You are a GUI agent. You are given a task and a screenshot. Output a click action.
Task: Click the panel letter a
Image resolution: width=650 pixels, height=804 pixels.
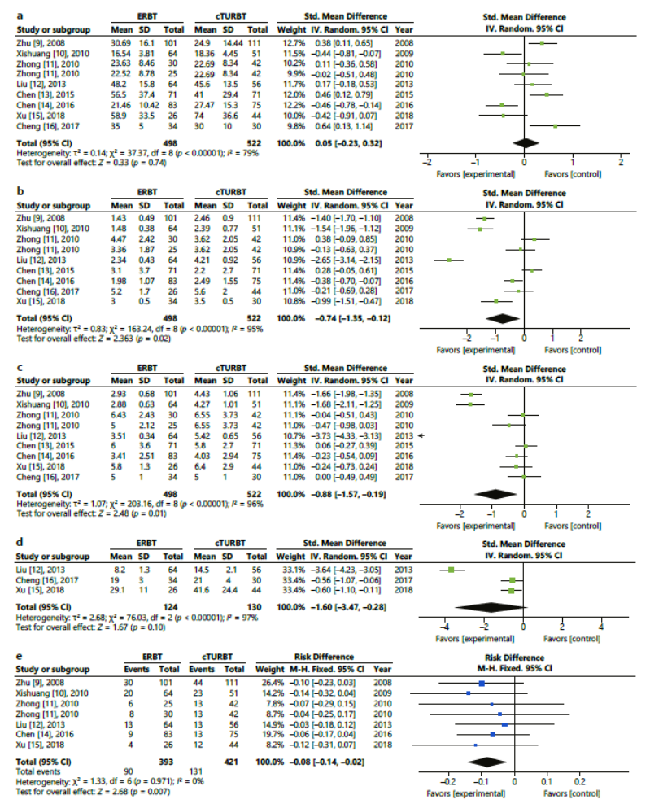(20, 16)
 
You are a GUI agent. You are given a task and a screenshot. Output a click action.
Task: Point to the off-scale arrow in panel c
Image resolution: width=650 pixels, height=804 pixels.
(422, 436)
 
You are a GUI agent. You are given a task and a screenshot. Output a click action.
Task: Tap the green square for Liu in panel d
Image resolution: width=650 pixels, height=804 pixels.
(452, 570)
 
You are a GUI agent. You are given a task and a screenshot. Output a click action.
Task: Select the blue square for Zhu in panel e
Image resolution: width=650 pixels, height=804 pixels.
(482, 683)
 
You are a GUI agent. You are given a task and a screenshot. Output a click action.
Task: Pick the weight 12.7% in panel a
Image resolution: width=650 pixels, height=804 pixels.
(294, 43)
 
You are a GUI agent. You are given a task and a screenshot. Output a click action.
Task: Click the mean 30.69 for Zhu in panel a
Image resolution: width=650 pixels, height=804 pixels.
(121, 43)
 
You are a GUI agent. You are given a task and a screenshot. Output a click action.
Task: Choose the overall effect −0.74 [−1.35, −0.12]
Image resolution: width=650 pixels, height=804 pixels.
(353, 318)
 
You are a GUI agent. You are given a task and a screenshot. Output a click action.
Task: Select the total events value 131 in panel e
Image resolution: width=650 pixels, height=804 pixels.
(196, 771)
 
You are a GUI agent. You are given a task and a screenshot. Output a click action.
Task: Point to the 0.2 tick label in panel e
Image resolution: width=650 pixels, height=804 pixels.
(579, 782)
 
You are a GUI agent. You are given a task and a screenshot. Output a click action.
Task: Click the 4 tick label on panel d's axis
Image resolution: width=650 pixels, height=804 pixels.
(601, 627)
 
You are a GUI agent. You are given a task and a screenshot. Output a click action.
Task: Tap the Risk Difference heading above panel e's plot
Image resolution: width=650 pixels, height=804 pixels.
(514, 658)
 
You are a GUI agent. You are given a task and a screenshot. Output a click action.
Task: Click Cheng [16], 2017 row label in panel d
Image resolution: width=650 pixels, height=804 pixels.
(47, 580)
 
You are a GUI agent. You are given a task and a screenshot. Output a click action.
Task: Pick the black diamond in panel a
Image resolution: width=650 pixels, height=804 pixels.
(525, 143)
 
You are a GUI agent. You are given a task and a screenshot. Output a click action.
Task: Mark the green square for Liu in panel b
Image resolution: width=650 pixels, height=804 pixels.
(449, 260)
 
